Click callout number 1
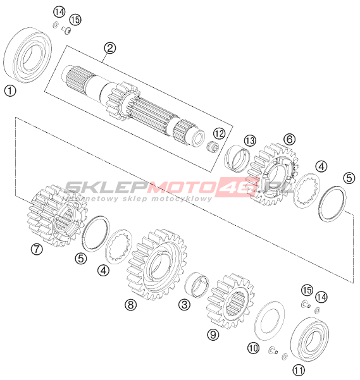[x=10, y=91]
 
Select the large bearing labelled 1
[x=27, y=55]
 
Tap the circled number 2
[x=110, y=48]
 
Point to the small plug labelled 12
[x=213, y=147]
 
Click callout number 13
[x=250, y=140]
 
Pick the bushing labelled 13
[x=237, y=158]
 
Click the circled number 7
[x=37, y=249]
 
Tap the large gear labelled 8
[x=157, y=264]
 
